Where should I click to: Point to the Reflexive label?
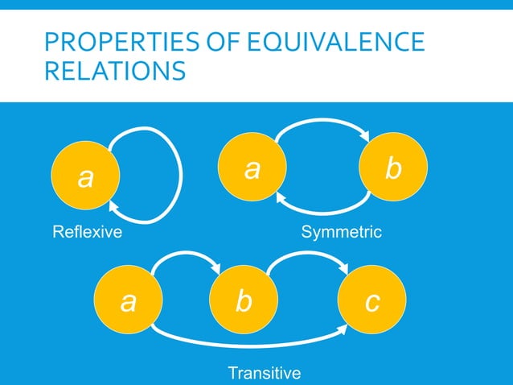point(87,234)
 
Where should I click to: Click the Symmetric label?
point(341,234)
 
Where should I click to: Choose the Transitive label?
point(265,373)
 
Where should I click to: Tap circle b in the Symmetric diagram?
point(393,168)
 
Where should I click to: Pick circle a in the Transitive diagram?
point(128,302)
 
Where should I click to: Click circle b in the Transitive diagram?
point(243,302)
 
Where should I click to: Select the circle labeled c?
point(372,302)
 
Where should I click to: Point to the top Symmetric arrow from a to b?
point(322,122)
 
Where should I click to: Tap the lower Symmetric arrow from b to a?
point(322,213)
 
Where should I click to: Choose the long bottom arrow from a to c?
point(249,343)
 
